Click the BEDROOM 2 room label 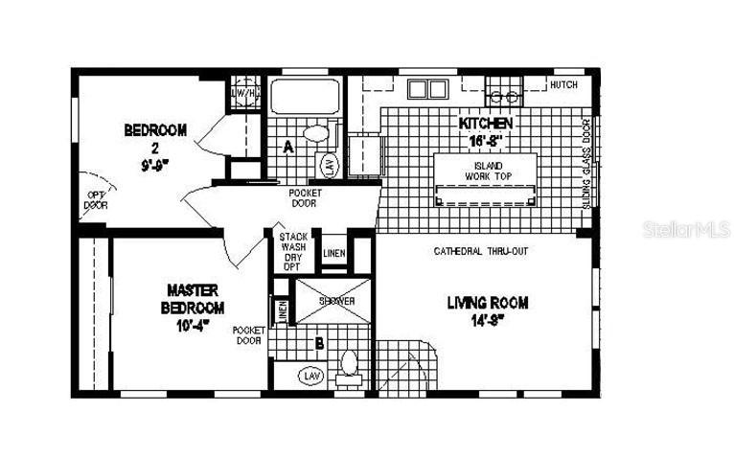point(155,130)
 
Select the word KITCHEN point(486,124)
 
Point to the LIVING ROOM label point(488,303)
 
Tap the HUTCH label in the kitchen point(562,85)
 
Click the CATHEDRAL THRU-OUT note point(481,251)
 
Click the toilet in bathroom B point(349,365)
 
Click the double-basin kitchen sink point(427,89)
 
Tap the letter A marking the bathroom point(287,147)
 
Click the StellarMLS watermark point(675,230)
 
